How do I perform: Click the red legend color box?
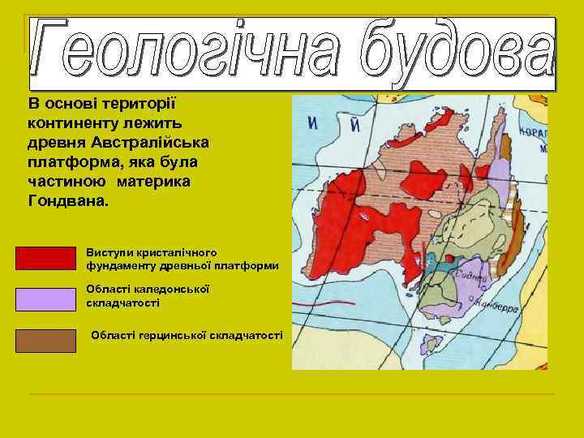pos(45,257)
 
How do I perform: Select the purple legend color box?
pos(45,299)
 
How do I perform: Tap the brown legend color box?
pos(45,340)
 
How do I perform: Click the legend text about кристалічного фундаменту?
pos(182,259)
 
